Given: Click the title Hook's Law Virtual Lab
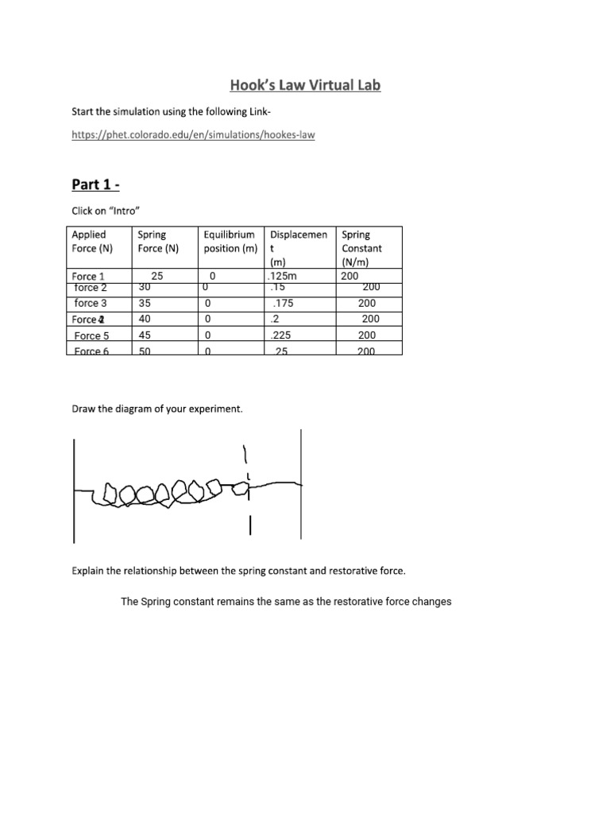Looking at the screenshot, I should pyautogui.click(x=305, y=85).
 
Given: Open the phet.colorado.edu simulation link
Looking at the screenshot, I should pyautogui.click(x=193, y=135).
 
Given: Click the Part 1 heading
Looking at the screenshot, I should pyautogui.click(x=95, y=184).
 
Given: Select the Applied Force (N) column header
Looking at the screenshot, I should pyautogui.click(x=89, y=242).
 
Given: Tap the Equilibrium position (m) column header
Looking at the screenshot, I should pyautogui.click(x=229, y=242).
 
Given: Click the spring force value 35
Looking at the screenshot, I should pyautogui.click(x=145, y=304).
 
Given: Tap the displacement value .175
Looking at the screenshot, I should pyautogui.click(x=282, y=304).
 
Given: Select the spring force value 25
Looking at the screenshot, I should pyautogui.click(x=156, y=277).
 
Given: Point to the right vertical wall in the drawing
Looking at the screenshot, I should pyautogui.click(x=300, y=485).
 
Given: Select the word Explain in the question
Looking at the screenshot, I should pyautogui.click(x=89, y=571).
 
